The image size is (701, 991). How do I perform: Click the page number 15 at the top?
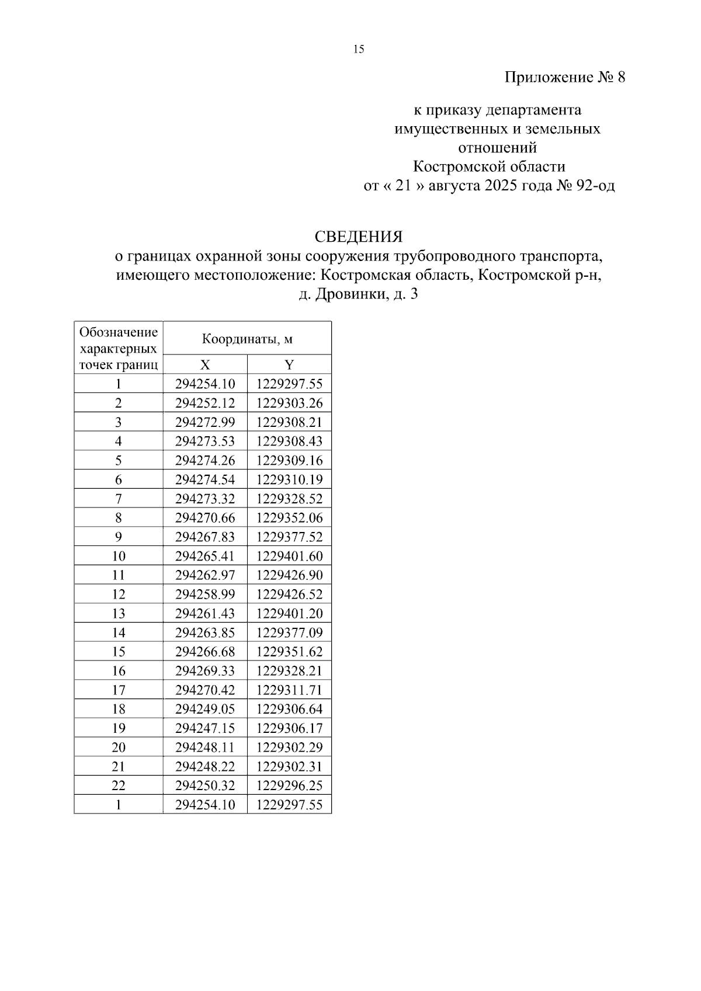[359, 50]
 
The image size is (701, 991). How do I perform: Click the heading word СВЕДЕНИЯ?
[358, 237]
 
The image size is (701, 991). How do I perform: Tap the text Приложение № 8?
[564, 78]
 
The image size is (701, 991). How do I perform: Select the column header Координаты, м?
[247, 339]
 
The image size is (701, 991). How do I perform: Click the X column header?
[205, 365]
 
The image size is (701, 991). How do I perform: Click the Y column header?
[289, 365]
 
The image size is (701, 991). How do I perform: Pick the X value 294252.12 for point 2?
[205, 404]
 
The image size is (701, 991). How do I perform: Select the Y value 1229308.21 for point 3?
[289, 422]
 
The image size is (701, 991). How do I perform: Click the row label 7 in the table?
[119, 499]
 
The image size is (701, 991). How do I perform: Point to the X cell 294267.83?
[205, 537]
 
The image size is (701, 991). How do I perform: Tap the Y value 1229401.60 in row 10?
[289, 557]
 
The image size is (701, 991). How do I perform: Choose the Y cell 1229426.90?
[289, 575]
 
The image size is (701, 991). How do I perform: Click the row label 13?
[119, 614]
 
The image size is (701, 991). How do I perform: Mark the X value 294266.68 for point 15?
[205, 652]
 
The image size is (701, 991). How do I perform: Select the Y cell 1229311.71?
[289, 690]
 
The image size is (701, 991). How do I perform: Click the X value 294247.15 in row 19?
[205, 728]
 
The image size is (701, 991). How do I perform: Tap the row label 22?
[119, 785]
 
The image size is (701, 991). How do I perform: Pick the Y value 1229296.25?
[289, 785]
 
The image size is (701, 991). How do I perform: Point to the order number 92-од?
[595, 186]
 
